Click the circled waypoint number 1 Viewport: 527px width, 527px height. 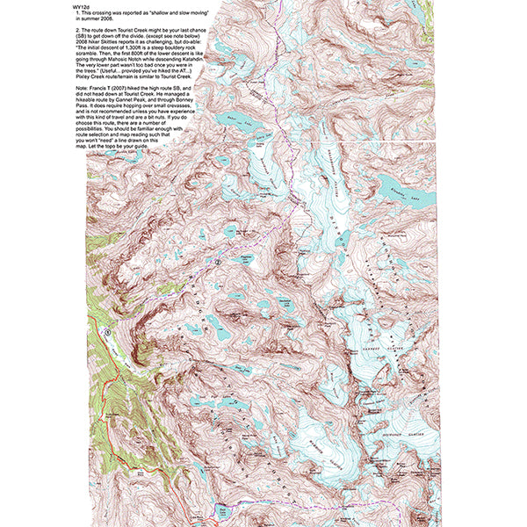coord(106,332)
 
